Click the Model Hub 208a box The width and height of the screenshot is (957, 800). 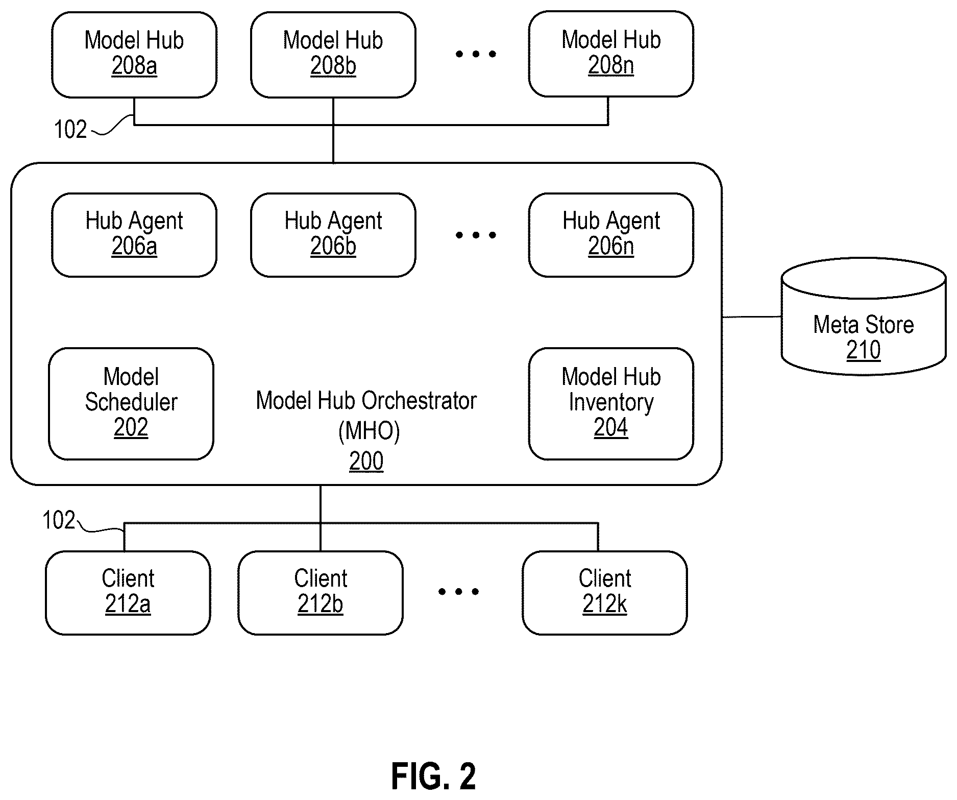[134, 55]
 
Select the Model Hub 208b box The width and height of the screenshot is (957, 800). [333, 55]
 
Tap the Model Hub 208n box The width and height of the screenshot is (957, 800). [611, 54]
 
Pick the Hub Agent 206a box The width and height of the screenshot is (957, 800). [134, 235]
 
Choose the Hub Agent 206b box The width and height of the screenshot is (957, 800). [333, 235]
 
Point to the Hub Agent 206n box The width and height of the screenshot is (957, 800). [611, 235]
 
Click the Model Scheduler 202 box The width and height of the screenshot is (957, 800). [131, 404]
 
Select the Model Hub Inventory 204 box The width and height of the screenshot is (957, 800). [611, 404]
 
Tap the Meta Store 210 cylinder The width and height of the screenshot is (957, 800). [864, 317]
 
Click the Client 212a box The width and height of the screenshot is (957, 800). [128, 593]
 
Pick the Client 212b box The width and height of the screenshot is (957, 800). [321, 593]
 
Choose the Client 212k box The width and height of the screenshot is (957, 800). [605, 593]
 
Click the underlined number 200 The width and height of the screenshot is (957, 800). [366, 462]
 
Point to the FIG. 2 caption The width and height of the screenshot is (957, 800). [434, 777]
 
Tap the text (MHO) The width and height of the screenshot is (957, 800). [369, 431]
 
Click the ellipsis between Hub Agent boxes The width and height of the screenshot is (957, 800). [476, 235]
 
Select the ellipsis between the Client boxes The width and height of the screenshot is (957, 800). [458, 592]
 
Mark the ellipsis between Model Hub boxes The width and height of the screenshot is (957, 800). [476, 54]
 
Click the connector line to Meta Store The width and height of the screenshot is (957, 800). [752, 317]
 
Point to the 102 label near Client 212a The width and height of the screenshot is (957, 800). [59, 520]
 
